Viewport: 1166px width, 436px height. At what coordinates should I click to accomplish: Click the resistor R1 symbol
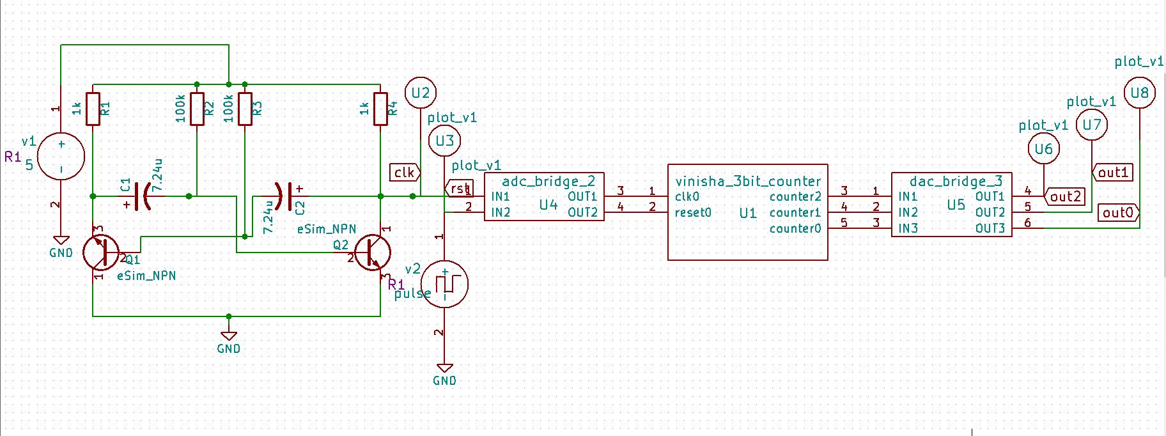point(93,109)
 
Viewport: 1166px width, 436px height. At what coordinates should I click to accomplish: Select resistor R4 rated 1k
point(381,109)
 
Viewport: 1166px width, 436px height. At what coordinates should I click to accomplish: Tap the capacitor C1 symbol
point(143,196)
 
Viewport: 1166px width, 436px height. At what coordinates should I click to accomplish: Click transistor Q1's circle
point(101,252)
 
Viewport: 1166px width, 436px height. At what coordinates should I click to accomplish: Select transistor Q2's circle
point(372,252)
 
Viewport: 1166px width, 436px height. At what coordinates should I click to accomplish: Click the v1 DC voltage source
point(61,157)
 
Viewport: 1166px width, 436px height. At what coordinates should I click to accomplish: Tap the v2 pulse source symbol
point(444,284)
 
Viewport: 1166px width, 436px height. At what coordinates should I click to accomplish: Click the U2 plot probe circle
point(421,93)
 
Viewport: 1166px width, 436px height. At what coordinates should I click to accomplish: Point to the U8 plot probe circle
point(1140,93)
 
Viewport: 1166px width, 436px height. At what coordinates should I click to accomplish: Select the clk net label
point(405,172)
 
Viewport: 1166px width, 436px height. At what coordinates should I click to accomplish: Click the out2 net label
point(1064,197)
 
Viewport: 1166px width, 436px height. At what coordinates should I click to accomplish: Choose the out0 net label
point(1118,212)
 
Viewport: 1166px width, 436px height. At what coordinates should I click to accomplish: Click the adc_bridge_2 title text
point(548,181)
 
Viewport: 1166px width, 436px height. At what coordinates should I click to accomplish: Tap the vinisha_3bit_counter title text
point(748,181)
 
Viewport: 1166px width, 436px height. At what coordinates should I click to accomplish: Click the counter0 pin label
point(795,228)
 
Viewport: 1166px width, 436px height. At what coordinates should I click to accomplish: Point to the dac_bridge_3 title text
point(956,181)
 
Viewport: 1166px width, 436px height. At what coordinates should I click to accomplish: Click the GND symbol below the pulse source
point(444,370)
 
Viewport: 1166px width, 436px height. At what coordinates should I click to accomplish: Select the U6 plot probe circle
point(1044,149)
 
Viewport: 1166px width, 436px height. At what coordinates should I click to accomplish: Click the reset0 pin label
point(693,212)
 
